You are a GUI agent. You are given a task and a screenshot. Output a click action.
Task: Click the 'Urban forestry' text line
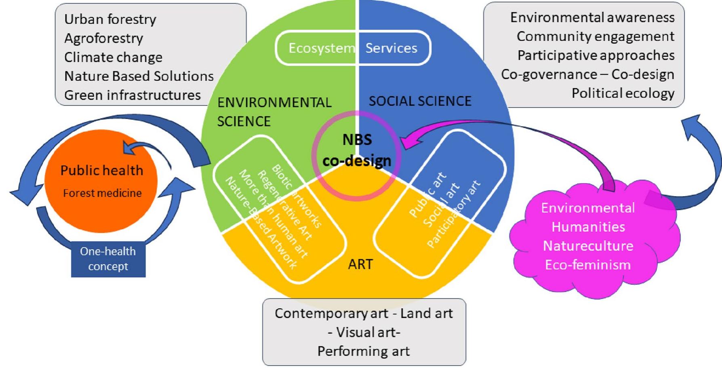pyautogui.click(x=110, y=19)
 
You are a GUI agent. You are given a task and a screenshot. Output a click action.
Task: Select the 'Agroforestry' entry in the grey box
pyautogui.click(x=103, y=38)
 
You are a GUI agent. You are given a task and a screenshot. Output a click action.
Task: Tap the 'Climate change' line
pyautogui.click(x=113, y=57)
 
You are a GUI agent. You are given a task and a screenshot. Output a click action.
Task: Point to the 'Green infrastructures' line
pyautogui.click(x=132, y=95)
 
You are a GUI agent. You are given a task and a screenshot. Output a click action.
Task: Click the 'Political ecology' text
pyautogui.click(x=623, y=93)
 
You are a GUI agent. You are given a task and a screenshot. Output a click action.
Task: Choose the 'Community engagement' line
pyautogui.click(x=595, y=36)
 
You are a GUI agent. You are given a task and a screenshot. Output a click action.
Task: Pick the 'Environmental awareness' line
pyautogui.click(x=592, y=17)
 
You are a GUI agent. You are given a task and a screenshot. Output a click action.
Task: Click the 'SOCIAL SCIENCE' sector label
pyautogui.click(x=420, y=101)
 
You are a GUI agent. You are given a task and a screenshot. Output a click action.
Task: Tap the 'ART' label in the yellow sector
pyautogui.click(x=360, y=264)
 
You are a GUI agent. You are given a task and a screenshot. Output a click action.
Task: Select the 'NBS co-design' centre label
pyautogui.click(x=357, y=150)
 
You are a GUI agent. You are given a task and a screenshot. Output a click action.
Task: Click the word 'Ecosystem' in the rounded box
pyautogui.click(x=321, y=49)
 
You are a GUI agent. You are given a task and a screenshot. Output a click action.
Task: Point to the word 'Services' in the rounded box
pyautogui.click(x=391, y=49)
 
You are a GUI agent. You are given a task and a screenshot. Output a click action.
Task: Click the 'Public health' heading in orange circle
pyautogui.click(x=102, y=171)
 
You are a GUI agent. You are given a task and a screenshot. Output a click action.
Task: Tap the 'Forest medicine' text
pyautogui.click(x=102, y=193)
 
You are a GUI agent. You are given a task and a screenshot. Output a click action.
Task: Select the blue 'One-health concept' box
pyautogui.click(x=108, y=259)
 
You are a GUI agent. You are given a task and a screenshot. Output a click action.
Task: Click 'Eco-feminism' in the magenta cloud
pyautogui.click(x=587, y=265)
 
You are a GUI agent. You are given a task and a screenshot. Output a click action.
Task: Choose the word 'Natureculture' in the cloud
pyautogui.click(x=588, y=246)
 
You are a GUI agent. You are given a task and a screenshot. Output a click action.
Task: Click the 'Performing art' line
pyautogui.click(x=363, y=351)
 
